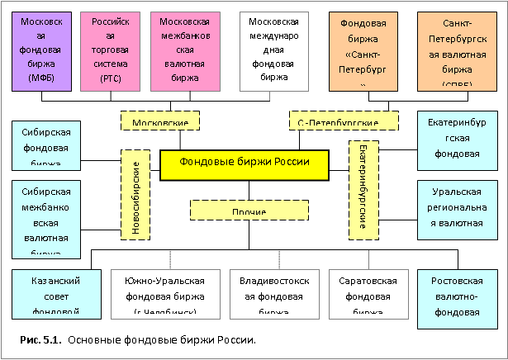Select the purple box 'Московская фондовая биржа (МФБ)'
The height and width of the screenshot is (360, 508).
(40, 49)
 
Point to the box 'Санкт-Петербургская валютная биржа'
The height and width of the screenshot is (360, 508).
(452, 49)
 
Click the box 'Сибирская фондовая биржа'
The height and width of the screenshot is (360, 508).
(47, 144)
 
